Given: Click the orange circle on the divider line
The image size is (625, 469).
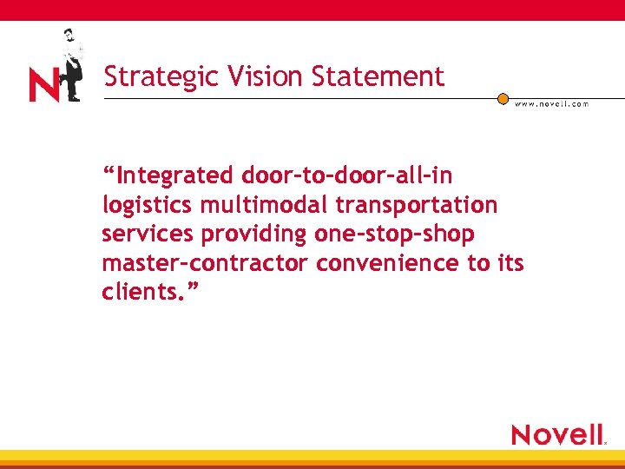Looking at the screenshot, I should [x=503, y=99].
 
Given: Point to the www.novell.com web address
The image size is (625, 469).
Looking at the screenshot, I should [x=551, y=104].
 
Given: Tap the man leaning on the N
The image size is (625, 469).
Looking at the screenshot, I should [x=71, y=64].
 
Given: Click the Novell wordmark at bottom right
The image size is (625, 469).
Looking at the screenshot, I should [x=558, y=434].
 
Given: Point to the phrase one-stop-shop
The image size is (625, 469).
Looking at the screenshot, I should [x=395, y=234].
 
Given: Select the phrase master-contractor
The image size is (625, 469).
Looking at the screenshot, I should [x=205, y=263].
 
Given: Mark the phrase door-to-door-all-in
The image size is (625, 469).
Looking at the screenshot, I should [x=347, y=176].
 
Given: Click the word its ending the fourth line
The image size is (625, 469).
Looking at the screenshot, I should [x=511, y=263].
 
